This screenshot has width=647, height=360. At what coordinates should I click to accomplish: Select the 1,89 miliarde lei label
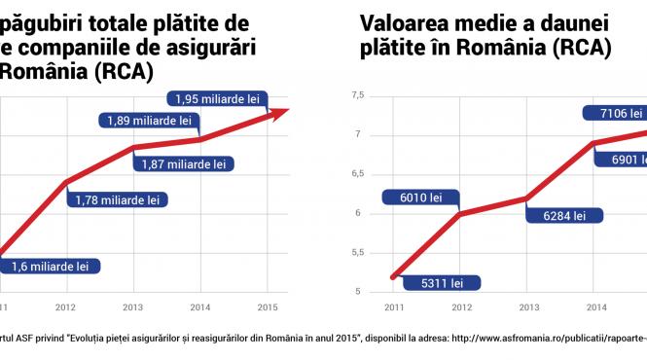148,122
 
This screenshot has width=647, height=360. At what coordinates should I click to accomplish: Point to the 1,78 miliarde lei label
117,200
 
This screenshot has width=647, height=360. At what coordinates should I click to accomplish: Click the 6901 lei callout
619,159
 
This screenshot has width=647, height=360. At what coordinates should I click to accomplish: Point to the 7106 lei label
615,113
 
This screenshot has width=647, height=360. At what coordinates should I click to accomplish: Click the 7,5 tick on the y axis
356,95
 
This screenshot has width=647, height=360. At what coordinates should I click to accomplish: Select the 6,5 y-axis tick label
356,174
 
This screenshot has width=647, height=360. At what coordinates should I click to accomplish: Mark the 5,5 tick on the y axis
356,253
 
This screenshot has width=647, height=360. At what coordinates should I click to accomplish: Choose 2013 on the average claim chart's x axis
528,308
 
